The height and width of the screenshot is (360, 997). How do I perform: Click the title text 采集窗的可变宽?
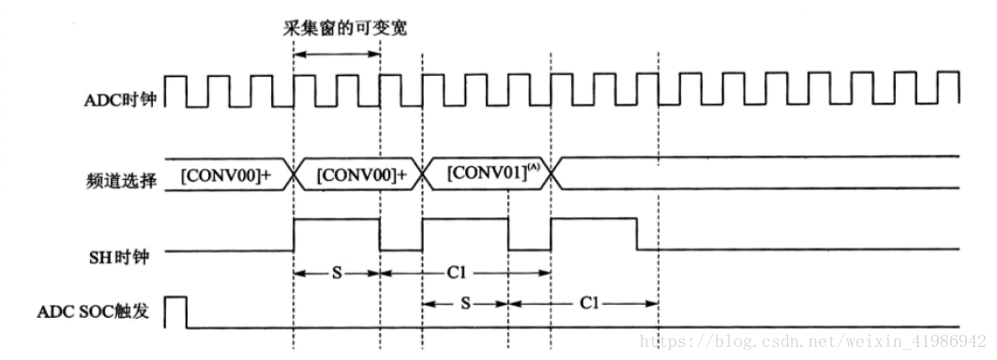[345, 29]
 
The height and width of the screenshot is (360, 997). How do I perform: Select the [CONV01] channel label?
[480, 174]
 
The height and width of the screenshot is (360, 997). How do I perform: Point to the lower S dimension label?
[465, 304]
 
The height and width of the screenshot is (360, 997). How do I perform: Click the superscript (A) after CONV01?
[533, 167]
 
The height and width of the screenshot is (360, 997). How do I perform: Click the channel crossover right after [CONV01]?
[552, 174]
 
